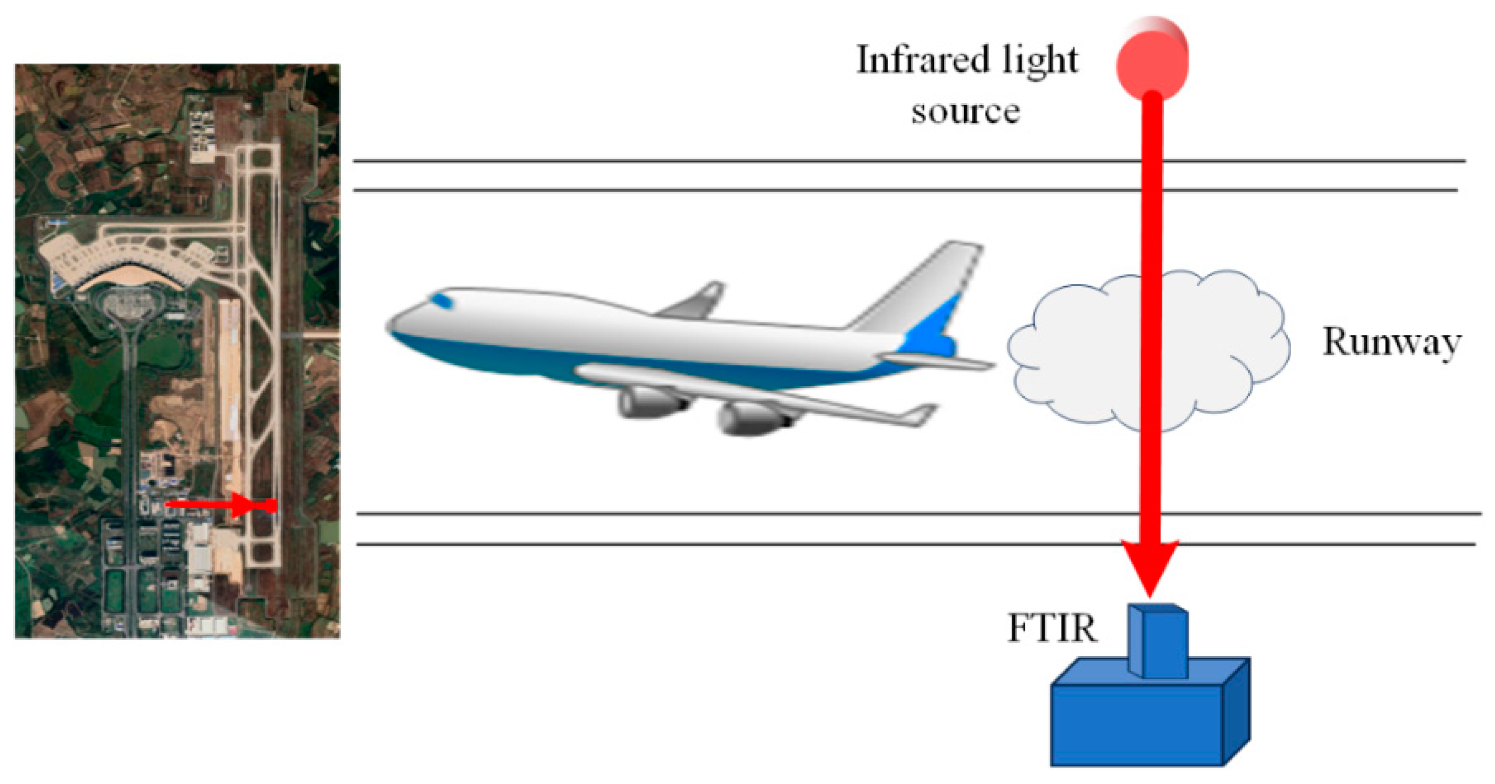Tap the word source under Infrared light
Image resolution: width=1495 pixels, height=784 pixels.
(x=965, y=111)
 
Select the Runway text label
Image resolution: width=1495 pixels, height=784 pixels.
(x=1391, y=342)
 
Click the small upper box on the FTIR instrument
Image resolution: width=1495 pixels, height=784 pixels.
(x=1158, y=641)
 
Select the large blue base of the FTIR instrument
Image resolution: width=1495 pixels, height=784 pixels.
(x=1137, y=725)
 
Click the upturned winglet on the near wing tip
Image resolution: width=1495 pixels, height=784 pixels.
(x=923, y=414)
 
